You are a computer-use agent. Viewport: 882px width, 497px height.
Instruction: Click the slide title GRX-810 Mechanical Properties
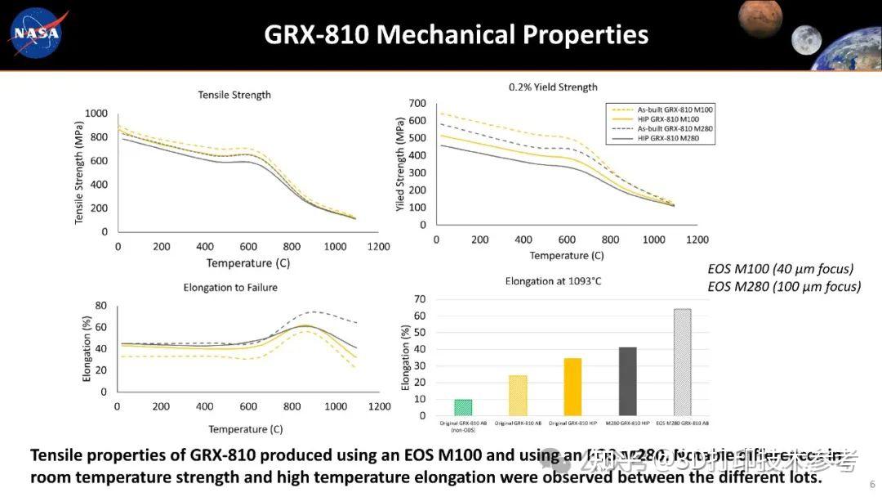456,34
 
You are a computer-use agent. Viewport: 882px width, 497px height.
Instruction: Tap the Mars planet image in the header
760,18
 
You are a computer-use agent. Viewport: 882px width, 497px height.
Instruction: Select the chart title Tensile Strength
234,95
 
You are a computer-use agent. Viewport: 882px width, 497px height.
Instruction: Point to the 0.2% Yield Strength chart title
553,87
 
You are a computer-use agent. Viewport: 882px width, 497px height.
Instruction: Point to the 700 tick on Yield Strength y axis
417,103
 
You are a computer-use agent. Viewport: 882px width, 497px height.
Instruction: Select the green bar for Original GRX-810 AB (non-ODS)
463,407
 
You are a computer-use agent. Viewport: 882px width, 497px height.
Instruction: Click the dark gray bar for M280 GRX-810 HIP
627,381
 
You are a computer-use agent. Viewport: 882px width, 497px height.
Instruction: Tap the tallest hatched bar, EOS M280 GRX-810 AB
682,362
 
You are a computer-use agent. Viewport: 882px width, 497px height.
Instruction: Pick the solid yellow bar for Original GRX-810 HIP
572,387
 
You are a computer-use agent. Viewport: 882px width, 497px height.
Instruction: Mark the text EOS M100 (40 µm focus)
780,269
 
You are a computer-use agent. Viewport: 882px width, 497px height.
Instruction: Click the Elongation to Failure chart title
230,287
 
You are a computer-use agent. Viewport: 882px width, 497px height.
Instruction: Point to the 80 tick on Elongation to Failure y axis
101,306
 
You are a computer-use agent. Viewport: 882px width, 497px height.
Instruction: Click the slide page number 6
872,483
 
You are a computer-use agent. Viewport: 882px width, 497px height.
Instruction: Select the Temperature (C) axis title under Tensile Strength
248,263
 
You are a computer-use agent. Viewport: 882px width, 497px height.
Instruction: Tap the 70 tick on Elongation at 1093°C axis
420,299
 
